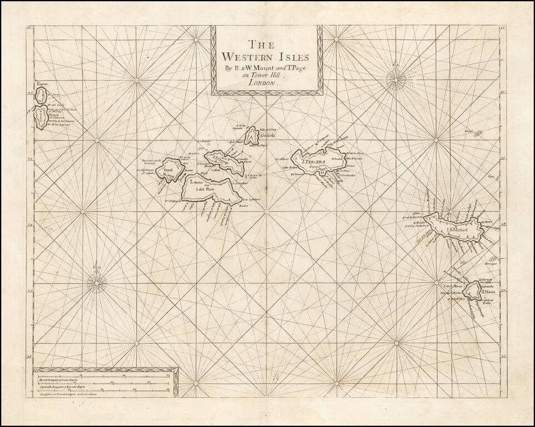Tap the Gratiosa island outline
click(x=252, y=135)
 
